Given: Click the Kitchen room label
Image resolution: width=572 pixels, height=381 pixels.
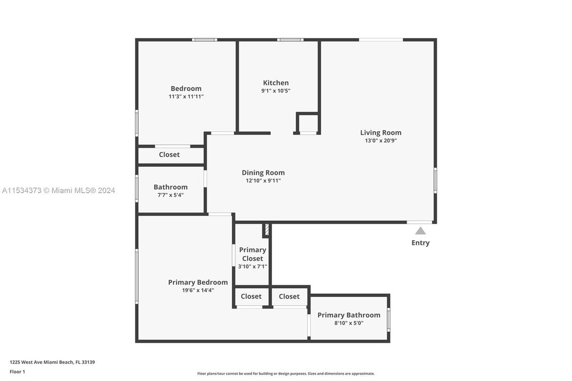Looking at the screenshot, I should [276, 83].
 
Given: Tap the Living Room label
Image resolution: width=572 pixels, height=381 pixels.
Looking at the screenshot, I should [380, 133].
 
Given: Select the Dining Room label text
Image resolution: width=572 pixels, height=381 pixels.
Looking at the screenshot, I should [263, 173].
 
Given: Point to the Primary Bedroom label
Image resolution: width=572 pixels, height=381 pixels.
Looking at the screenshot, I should [198, 282].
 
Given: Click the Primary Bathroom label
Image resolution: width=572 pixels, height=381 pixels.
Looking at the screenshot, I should [349, 315].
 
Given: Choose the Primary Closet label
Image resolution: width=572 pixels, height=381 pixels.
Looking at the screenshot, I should [252, 254].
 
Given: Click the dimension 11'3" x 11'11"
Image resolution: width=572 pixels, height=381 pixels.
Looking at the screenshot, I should [186, 96].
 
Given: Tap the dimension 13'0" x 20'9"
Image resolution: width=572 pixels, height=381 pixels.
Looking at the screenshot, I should [380, 141].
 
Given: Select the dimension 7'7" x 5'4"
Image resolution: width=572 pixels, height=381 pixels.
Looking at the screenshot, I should [170, 195].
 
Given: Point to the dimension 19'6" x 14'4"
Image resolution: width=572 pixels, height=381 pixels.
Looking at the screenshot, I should [198, 290].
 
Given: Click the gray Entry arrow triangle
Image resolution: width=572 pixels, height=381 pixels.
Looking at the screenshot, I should [420, 231].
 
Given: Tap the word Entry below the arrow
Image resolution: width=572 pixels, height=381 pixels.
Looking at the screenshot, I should [420, 243].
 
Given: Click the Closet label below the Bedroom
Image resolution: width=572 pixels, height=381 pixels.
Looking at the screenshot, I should [169, 155].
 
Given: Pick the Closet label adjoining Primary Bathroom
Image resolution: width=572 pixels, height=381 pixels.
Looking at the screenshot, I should [289, 296].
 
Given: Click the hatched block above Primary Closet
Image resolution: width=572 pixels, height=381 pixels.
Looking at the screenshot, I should [267, 230].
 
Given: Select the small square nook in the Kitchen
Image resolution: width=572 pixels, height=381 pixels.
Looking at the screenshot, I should [308, 123].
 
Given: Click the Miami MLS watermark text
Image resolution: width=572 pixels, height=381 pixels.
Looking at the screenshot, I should [58, 190].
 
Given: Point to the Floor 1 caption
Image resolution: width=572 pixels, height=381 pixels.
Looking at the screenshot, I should [17, 371].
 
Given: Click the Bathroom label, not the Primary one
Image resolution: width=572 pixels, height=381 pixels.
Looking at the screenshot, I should [170, 187].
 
